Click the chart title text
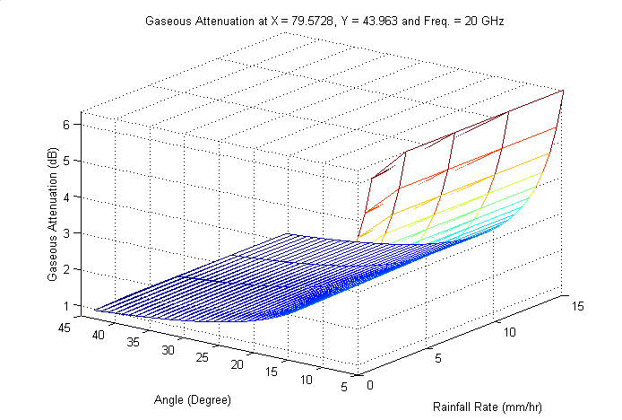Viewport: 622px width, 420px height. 324,19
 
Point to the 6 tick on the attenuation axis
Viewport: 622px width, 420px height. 65,125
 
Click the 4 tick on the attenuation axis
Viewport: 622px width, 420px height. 65,197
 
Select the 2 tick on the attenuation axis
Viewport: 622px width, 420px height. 65,269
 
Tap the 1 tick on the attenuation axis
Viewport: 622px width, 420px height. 65,305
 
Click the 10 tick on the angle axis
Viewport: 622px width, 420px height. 307,380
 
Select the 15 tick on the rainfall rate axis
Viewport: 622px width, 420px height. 579,306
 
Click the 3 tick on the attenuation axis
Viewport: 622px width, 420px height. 65,233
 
